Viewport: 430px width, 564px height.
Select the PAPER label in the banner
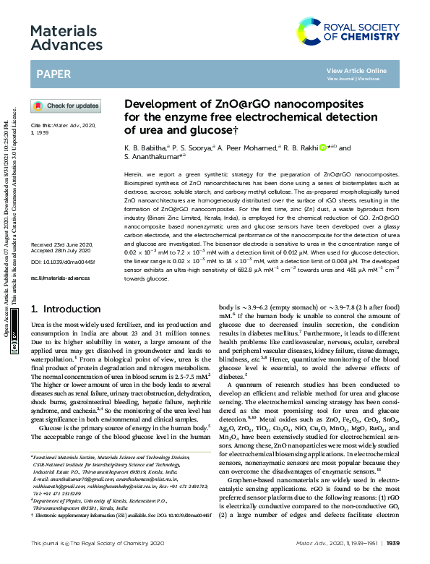click(53, 74)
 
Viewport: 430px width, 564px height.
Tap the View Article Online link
click(356, 70)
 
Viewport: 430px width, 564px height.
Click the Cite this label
click(38, 124)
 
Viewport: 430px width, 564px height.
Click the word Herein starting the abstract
click(134, 176)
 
